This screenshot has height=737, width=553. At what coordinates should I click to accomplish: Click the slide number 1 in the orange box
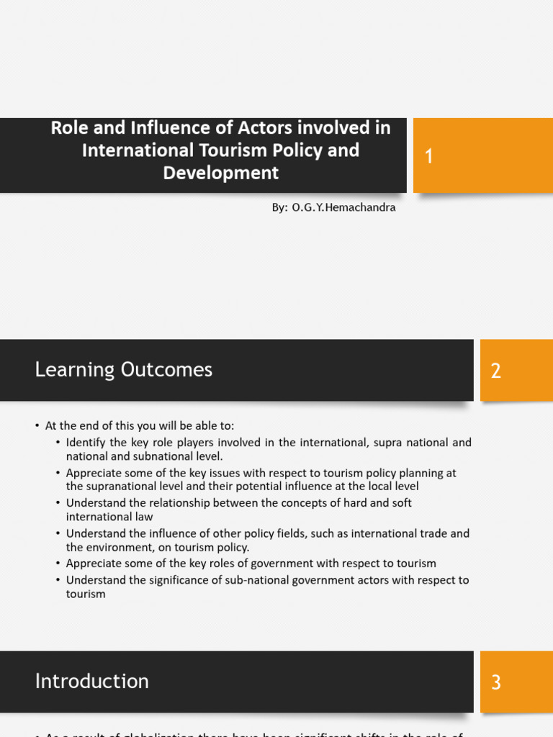[x=429, y=156]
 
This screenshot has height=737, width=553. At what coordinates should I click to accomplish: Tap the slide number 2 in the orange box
[x=496, y=371]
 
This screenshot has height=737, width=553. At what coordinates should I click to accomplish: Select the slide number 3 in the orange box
[x=496, y=682]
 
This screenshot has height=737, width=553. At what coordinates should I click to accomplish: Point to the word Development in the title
[x=220, y=173]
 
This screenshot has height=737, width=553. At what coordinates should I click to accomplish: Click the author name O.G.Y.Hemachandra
[x=343, y=207]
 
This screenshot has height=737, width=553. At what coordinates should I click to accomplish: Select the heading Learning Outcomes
[x=124, y=370]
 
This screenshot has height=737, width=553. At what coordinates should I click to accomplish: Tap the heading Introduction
[x=92, y=681]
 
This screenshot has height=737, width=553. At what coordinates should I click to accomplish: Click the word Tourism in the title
[x=220, y=150]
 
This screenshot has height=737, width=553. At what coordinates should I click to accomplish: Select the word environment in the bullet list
[x=118, y=548]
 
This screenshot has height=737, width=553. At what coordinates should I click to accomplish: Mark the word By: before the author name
[x=279, y=207]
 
